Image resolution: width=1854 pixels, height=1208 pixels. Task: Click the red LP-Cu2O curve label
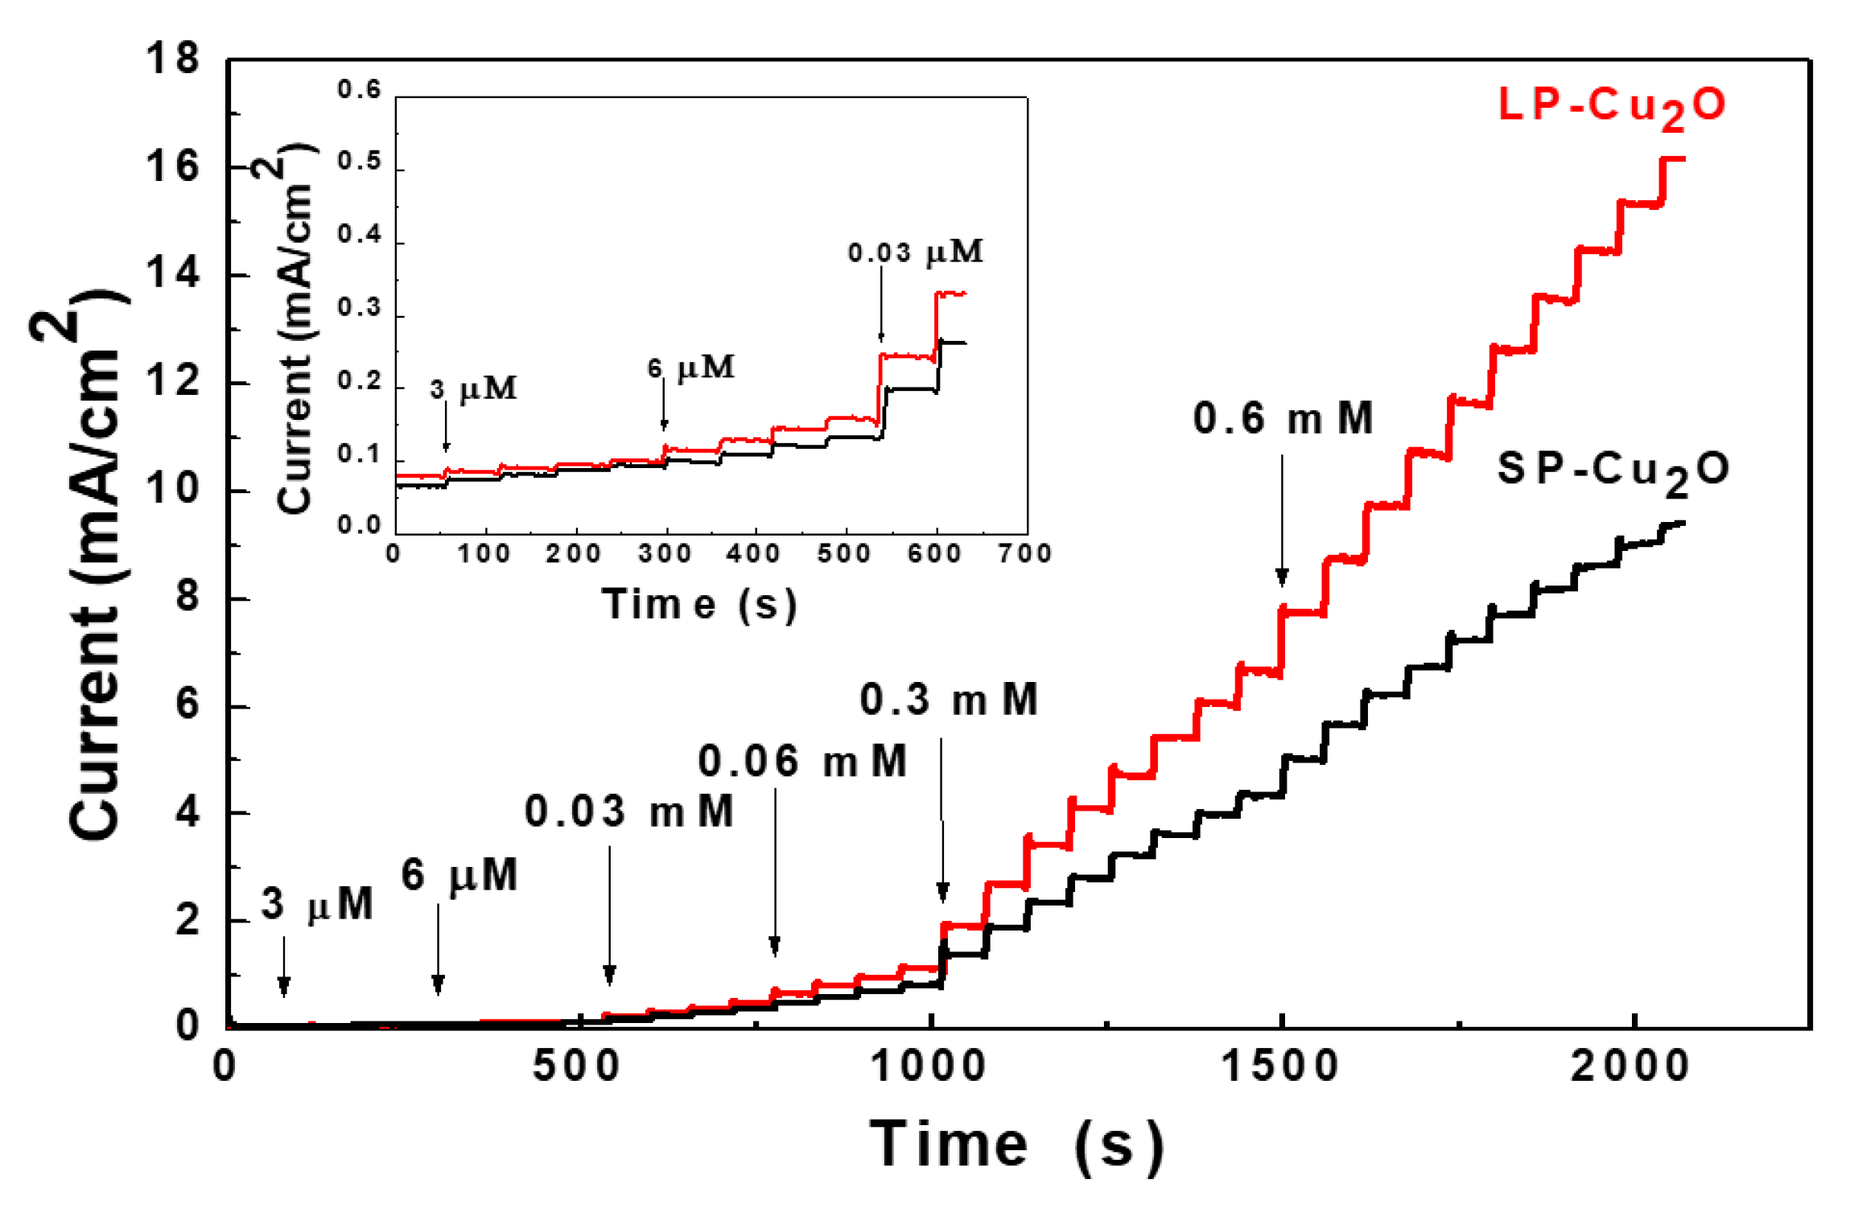1611,108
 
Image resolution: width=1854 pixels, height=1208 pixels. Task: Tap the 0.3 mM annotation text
949,700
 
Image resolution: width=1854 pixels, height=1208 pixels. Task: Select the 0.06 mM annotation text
802,762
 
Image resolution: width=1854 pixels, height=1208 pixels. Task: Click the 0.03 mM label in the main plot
629,811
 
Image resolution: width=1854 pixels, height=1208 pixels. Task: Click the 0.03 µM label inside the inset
915,253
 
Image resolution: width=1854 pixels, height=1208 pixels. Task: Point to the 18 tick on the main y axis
172,60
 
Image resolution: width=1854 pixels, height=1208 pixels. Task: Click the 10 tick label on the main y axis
172,490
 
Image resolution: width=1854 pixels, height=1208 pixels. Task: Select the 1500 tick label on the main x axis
1280,1067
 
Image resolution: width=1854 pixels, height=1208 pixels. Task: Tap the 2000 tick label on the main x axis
1630,1067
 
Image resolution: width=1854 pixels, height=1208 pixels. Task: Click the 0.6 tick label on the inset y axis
359,90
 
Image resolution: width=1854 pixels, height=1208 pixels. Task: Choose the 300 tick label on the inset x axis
665,554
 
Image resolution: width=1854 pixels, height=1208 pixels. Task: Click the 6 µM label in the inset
691,368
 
